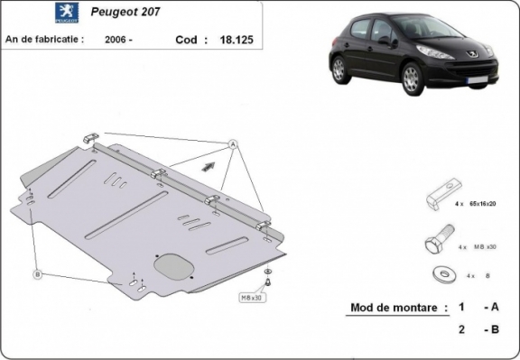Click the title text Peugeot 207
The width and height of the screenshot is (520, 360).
tap(125, 14)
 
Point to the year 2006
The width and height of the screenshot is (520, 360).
tap(116, 40)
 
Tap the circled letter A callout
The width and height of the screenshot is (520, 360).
tap(232, 144)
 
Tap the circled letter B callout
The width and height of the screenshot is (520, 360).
tap(37, 273)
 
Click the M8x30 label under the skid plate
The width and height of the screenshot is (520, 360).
tap(253, 297)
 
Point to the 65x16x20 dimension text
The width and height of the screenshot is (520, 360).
tap(481, 205)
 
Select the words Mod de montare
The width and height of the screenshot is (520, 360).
tap(398, 308)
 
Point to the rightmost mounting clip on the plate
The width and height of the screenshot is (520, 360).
tap(262, 225)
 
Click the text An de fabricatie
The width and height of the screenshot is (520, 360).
tap(45, 40)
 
